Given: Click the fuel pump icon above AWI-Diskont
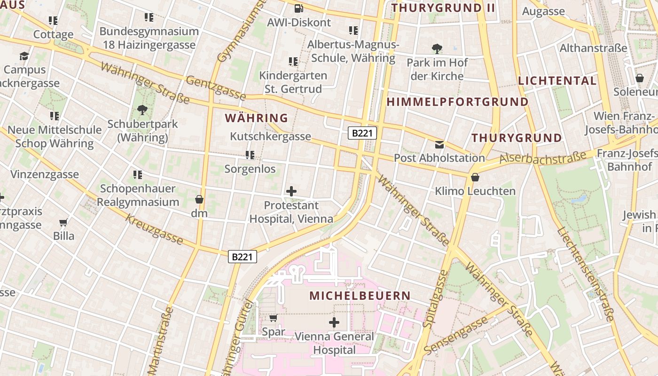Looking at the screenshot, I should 298,8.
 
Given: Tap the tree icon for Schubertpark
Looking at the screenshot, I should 142,110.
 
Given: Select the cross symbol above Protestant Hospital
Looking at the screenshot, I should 291,191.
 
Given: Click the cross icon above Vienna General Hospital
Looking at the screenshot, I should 334,322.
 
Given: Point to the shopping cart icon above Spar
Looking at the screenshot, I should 273,318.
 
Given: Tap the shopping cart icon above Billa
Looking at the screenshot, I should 63,222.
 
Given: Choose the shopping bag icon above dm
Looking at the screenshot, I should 199,199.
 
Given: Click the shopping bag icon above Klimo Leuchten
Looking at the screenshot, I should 475,177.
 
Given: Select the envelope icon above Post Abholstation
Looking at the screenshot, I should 439,144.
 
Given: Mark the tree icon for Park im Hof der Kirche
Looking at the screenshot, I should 437,48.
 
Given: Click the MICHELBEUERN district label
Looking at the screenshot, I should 360,296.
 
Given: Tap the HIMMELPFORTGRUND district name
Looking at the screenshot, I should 457,102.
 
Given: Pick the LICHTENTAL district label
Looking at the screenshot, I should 557,80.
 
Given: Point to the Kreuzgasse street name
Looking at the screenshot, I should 154,230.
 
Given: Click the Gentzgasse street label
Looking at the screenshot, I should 216,88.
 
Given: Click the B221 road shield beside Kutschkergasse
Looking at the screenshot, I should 362,133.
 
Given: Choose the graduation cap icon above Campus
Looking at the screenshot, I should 24,56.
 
